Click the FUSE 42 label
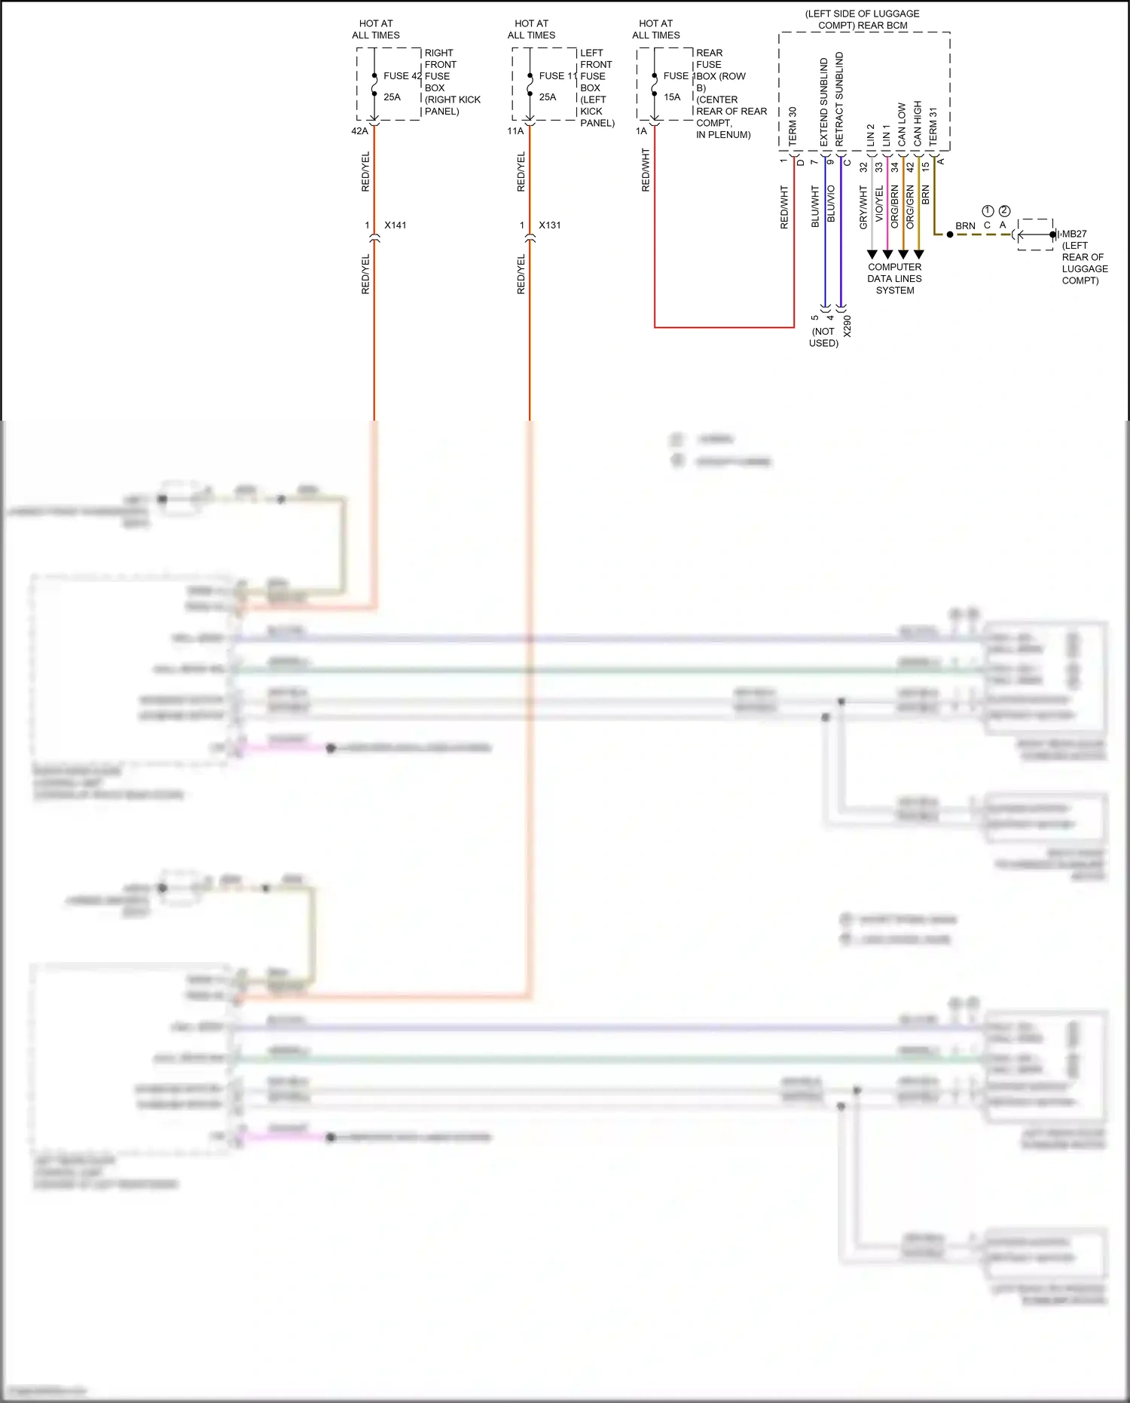402,76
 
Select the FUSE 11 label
557,76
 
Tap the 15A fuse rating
672,97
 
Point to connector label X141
395,225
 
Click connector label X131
550,225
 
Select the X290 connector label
847,326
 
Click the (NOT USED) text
823,337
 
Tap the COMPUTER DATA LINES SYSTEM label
894,278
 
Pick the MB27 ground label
1074,234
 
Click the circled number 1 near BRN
988,211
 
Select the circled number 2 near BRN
1004,211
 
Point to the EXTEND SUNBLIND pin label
823,102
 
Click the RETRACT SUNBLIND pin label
839,99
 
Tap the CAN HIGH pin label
918,123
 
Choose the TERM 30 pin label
793,126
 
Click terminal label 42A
359,131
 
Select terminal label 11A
515,131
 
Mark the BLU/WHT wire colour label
815,206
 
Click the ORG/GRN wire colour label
910,207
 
